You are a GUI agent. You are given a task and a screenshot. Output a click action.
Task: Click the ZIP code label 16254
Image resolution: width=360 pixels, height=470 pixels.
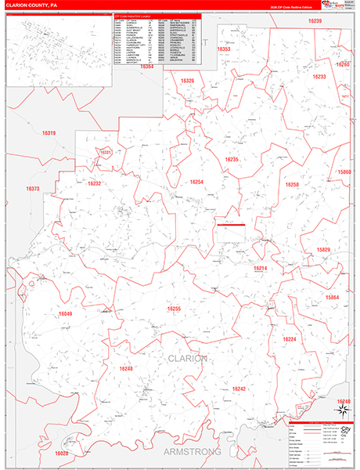tap(196, 182)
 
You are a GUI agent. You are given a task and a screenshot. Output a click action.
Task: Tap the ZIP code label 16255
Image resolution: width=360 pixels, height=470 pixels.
tap(174, 309)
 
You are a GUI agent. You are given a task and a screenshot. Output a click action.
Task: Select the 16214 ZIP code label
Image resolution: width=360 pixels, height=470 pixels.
tap(260, 268)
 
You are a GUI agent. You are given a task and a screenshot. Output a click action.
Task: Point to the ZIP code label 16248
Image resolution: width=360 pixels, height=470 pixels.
tap(127, 368)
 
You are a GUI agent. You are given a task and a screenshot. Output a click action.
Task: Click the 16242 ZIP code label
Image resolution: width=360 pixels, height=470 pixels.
tap(239, 389)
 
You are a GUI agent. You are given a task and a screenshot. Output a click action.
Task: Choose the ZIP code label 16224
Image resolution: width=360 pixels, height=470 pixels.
tap(290, 339)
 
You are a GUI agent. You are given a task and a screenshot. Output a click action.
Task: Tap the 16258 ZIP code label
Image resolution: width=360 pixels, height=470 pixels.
tap(292, 185)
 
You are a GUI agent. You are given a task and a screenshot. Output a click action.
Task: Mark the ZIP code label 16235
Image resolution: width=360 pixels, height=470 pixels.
tap(231, 159)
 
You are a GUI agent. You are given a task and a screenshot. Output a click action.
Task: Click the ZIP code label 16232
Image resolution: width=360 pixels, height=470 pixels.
tap(95, 183)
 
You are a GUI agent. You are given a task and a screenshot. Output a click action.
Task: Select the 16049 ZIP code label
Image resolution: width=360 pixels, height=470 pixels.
tap(65, 314)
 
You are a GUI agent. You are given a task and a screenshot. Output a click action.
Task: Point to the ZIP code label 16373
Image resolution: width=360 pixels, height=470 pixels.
tap(32, 189)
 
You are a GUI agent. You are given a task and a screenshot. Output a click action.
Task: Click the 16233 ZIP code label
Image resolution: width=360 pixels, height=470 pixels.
tap(319, 77)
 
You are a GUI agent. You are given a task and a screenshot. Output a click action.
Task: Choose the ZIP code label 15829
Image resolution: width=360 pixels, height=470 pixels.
tap(323, 249)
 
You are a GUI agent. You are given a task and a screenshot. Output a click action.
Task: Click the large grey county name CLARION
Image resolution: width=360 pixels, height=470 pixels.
tap(188, 358)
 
